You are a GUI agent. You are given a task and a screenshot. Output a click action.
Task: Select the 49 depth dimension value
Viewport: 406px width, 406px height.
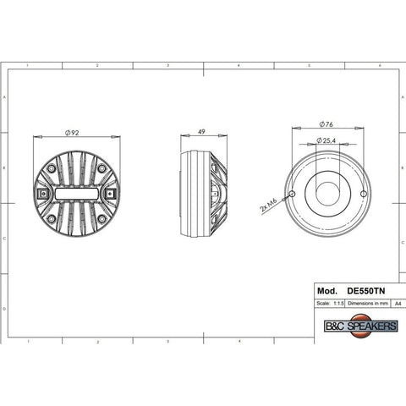(x=202, y=132)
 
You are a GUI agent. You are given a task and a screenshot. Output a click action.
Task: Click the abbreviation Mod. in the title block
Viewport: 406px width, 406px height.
(x=326, y=289)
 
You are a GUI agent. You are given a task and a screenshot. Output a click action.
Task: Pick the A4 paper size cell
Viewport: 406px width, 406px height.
(x=397, y=301)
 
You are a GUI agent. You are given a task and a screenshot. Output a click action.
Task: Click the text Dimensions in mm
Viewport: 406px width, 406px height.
(x=367, y=301)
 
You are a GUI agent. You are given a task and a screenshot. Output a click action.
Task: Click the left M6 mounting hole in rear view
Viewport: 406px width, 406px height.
(x=291, y=194)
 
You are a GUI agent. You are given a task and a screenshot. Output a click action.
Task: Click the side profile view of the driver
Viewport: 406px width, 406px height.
(x=204, y=194)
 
